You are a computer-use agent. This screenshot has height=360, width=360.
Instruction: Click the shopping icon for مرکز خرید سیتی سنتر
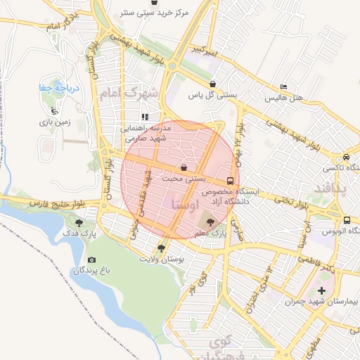(164, 4)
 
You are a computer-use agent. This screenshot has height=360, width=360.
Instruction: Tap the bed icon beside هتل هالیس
(283, 86)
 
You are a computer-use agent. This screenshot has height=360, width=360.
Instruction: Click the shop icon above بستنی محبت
(184, 167)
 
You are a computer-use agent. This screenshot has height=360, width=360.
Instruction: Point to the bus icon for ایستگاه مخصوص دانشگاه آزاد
(231, 180)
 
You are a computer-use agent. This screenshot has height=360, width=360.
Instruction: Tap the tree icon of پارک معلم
(214, 223)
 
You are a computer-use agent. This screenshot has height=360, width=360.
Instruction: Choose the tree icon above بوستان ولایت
(161, 247)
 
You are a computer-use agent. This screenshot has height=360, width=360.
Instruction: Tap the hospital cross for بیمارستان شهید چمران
(322, 290)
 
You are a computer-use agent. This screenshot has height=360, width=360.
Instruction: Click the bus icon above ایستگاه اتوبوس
(347, 219)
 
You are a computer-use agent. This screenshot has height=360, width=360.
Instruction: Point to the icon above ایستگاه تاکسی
(346, 157)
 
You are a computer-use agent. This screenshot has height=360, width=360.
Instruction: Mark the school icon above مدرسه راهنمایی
(145, 117)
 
